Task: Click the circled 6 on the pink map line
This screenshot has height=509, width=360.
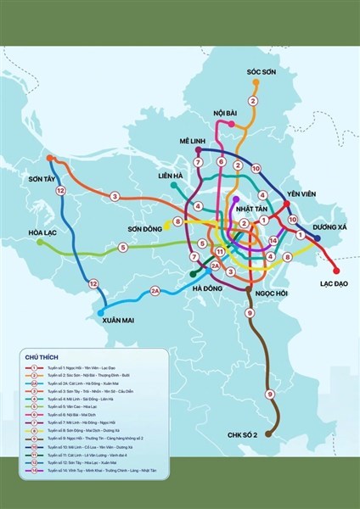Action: click(x=220, y=161)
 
